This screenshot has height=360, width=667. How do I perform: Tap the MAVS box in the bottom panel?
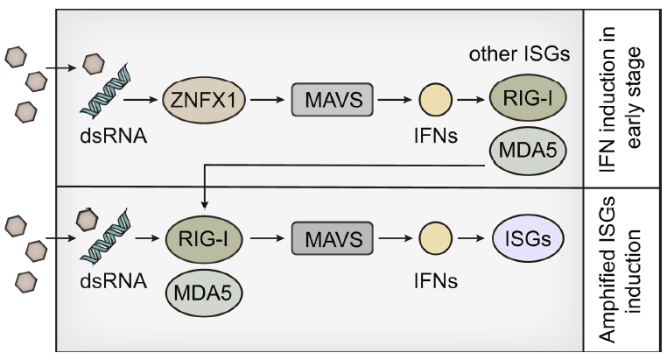tap(328, 236)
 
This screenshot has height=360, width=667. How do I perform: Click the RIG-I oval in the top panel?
tap(529, 97)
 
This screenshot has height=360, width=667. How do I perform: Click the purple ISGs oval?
tap(527, 236)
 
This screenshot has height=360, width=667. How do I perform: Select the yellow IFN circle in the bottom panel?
tap(436, 236)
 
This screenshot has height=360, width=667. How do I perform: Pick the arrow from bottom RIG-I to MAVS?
tap(265, 236)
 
